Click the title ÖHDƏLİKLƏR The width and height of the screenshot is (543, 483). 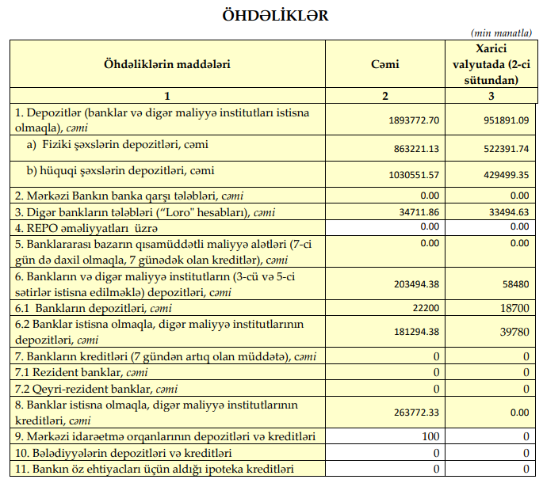271,15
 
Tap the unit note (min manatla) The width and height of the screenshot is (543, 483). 501,33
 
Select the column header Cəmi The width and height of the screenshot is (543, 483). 384,63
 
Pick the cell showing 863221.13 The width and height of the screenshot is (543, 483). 416,149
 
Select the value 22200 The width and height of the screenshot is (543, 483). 426,307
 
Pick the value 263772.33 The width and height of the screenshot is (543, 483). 416,412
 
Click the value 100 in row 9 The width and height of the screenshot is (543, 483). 430,437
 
